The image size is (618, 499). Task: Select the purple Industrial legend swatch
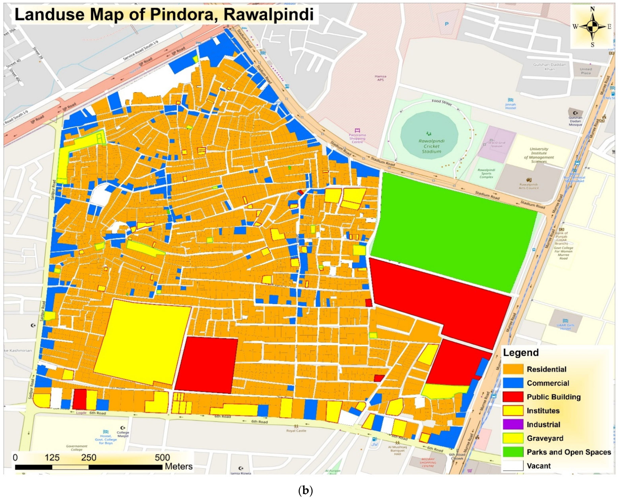pyautogui.click(x=513, y=424)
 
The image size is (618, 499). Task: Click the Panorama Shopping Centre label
pyautogui.click(x=357, y=138)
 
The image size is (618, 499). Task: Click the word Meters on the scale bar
pyautogui.click(x=179, y=466)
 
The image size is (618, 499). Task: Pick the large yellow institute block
pyautogui.click(x=142, y=342)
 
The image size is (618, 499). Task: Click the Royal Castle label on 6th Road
pyautogui.click(x=296, y=431)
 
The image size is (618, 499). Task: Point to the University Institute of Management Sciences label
pyautogui.click(x=539, y=155)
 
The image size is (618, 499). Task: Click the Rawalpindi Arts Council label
pyautogui.click(x=528, y=186)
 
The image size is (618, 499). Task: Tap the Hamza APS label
pyautogui.click(x=380, y=78)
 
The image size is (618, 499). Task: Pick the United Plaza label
pyautogui.click(x=586, y=71)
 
